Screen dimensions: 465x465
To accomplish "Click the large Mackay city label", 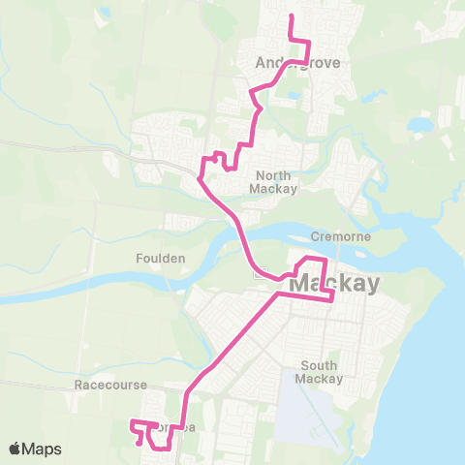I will [332, 285].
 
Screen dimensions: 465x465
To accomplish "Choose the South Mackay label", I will [319, 372].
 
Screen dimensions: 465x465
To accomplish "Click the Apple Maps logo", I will [36, 449].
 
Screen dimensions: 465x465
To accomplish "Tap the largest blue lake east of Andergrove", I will [419, 125].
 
